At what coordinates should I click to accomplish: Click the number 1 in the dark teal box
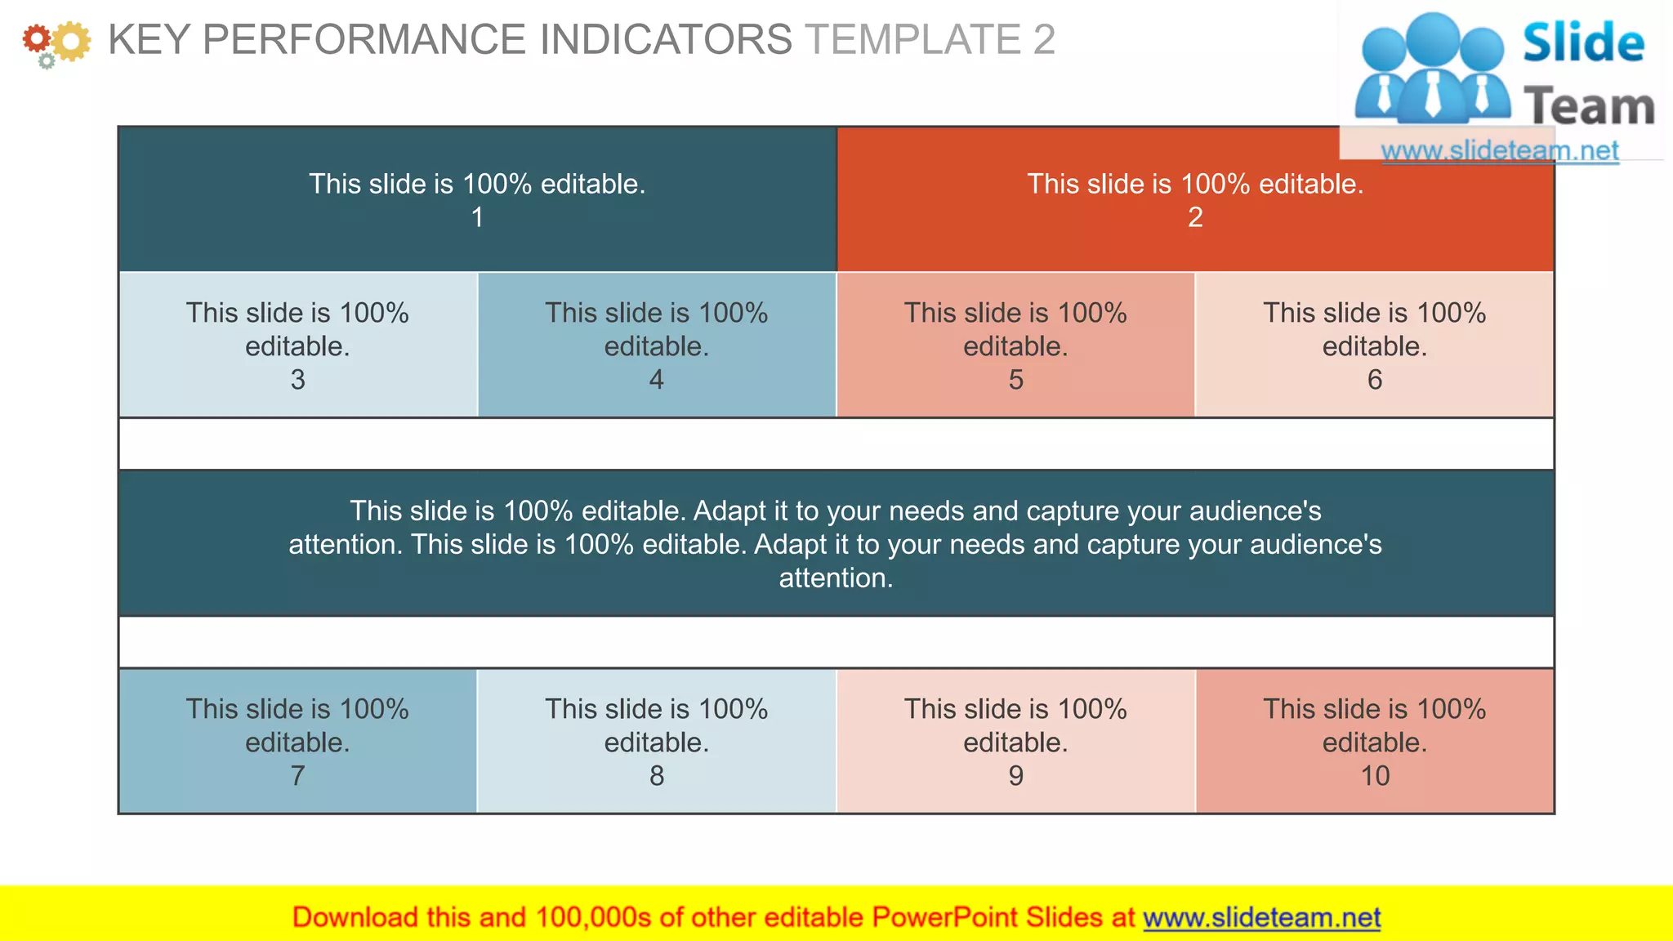point(477,217)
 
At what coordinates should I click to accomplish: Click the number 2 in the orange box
point(1195,217)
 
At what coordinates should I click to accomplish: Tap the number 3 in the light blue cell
point(297,380)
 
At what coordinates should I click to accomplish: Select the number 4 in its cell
point(657,380)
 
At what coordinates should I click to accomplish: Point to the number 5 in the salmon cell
point(1015,380)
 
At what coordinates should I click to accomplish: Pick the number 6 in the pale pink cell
point(1375,380)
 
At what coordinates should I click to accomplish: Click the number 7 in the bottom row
point(297,775)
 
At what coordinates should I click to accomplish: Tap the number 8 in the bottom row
point(657,775)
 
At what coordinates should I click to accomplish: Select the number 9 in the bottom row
point(1015,775)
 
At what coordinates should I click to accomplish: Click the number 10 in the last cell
point(1375,775)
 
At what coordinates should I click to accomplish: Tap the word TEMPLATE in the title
point(912,39)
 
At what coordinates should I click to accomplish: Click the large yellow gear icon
point(72,42)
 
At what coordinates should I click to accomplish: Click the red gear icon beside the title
point(36,38)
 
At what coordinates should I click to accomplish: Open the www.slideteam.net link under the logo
point(1499,150)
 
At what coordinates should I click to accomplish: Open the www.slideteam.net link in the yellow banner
point(1261,917)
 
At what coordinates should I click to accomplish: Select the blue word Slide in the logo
point(1583,43)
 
